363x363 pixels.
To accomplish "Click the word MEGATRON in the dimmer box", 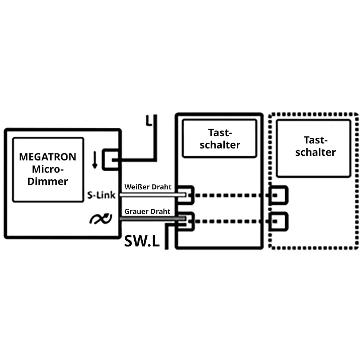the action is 48,157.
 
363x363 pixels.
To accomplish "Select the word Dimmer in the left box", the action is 48,181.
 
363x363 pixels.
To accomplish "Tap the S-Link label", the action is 101,195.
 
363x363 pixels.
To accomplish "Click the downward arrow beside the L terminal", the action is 95,160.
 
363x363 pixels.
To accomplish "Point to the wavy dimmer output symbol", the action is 101,219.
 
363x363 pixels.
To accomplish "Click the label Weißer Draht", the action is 148,187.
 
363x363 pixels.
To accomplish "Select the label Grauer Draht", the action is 147,211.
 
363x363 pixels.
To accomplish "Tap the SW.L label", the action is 142,241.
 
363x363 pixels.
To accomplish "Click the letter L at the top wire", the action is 149,121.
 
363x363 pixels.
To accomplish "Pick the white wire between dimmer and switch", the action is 152,195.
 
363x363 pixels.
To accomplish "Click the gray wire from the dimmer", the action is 152,219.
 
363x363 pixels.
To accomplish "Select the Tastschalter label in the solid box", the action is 220,139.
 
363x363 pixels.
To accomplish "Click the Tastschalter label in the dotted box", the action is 315,146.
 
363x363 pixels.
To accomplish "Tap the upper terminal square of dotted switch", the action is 279,195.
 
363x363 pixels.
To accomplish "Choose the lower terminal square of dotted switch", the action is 279,221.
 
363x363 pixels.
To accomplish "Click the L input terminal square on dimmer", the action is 111,160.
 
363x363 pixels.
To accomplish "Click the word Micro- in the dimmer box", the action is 48,169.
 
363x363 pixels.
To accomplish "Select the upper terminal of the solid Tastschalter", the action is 185,195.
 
